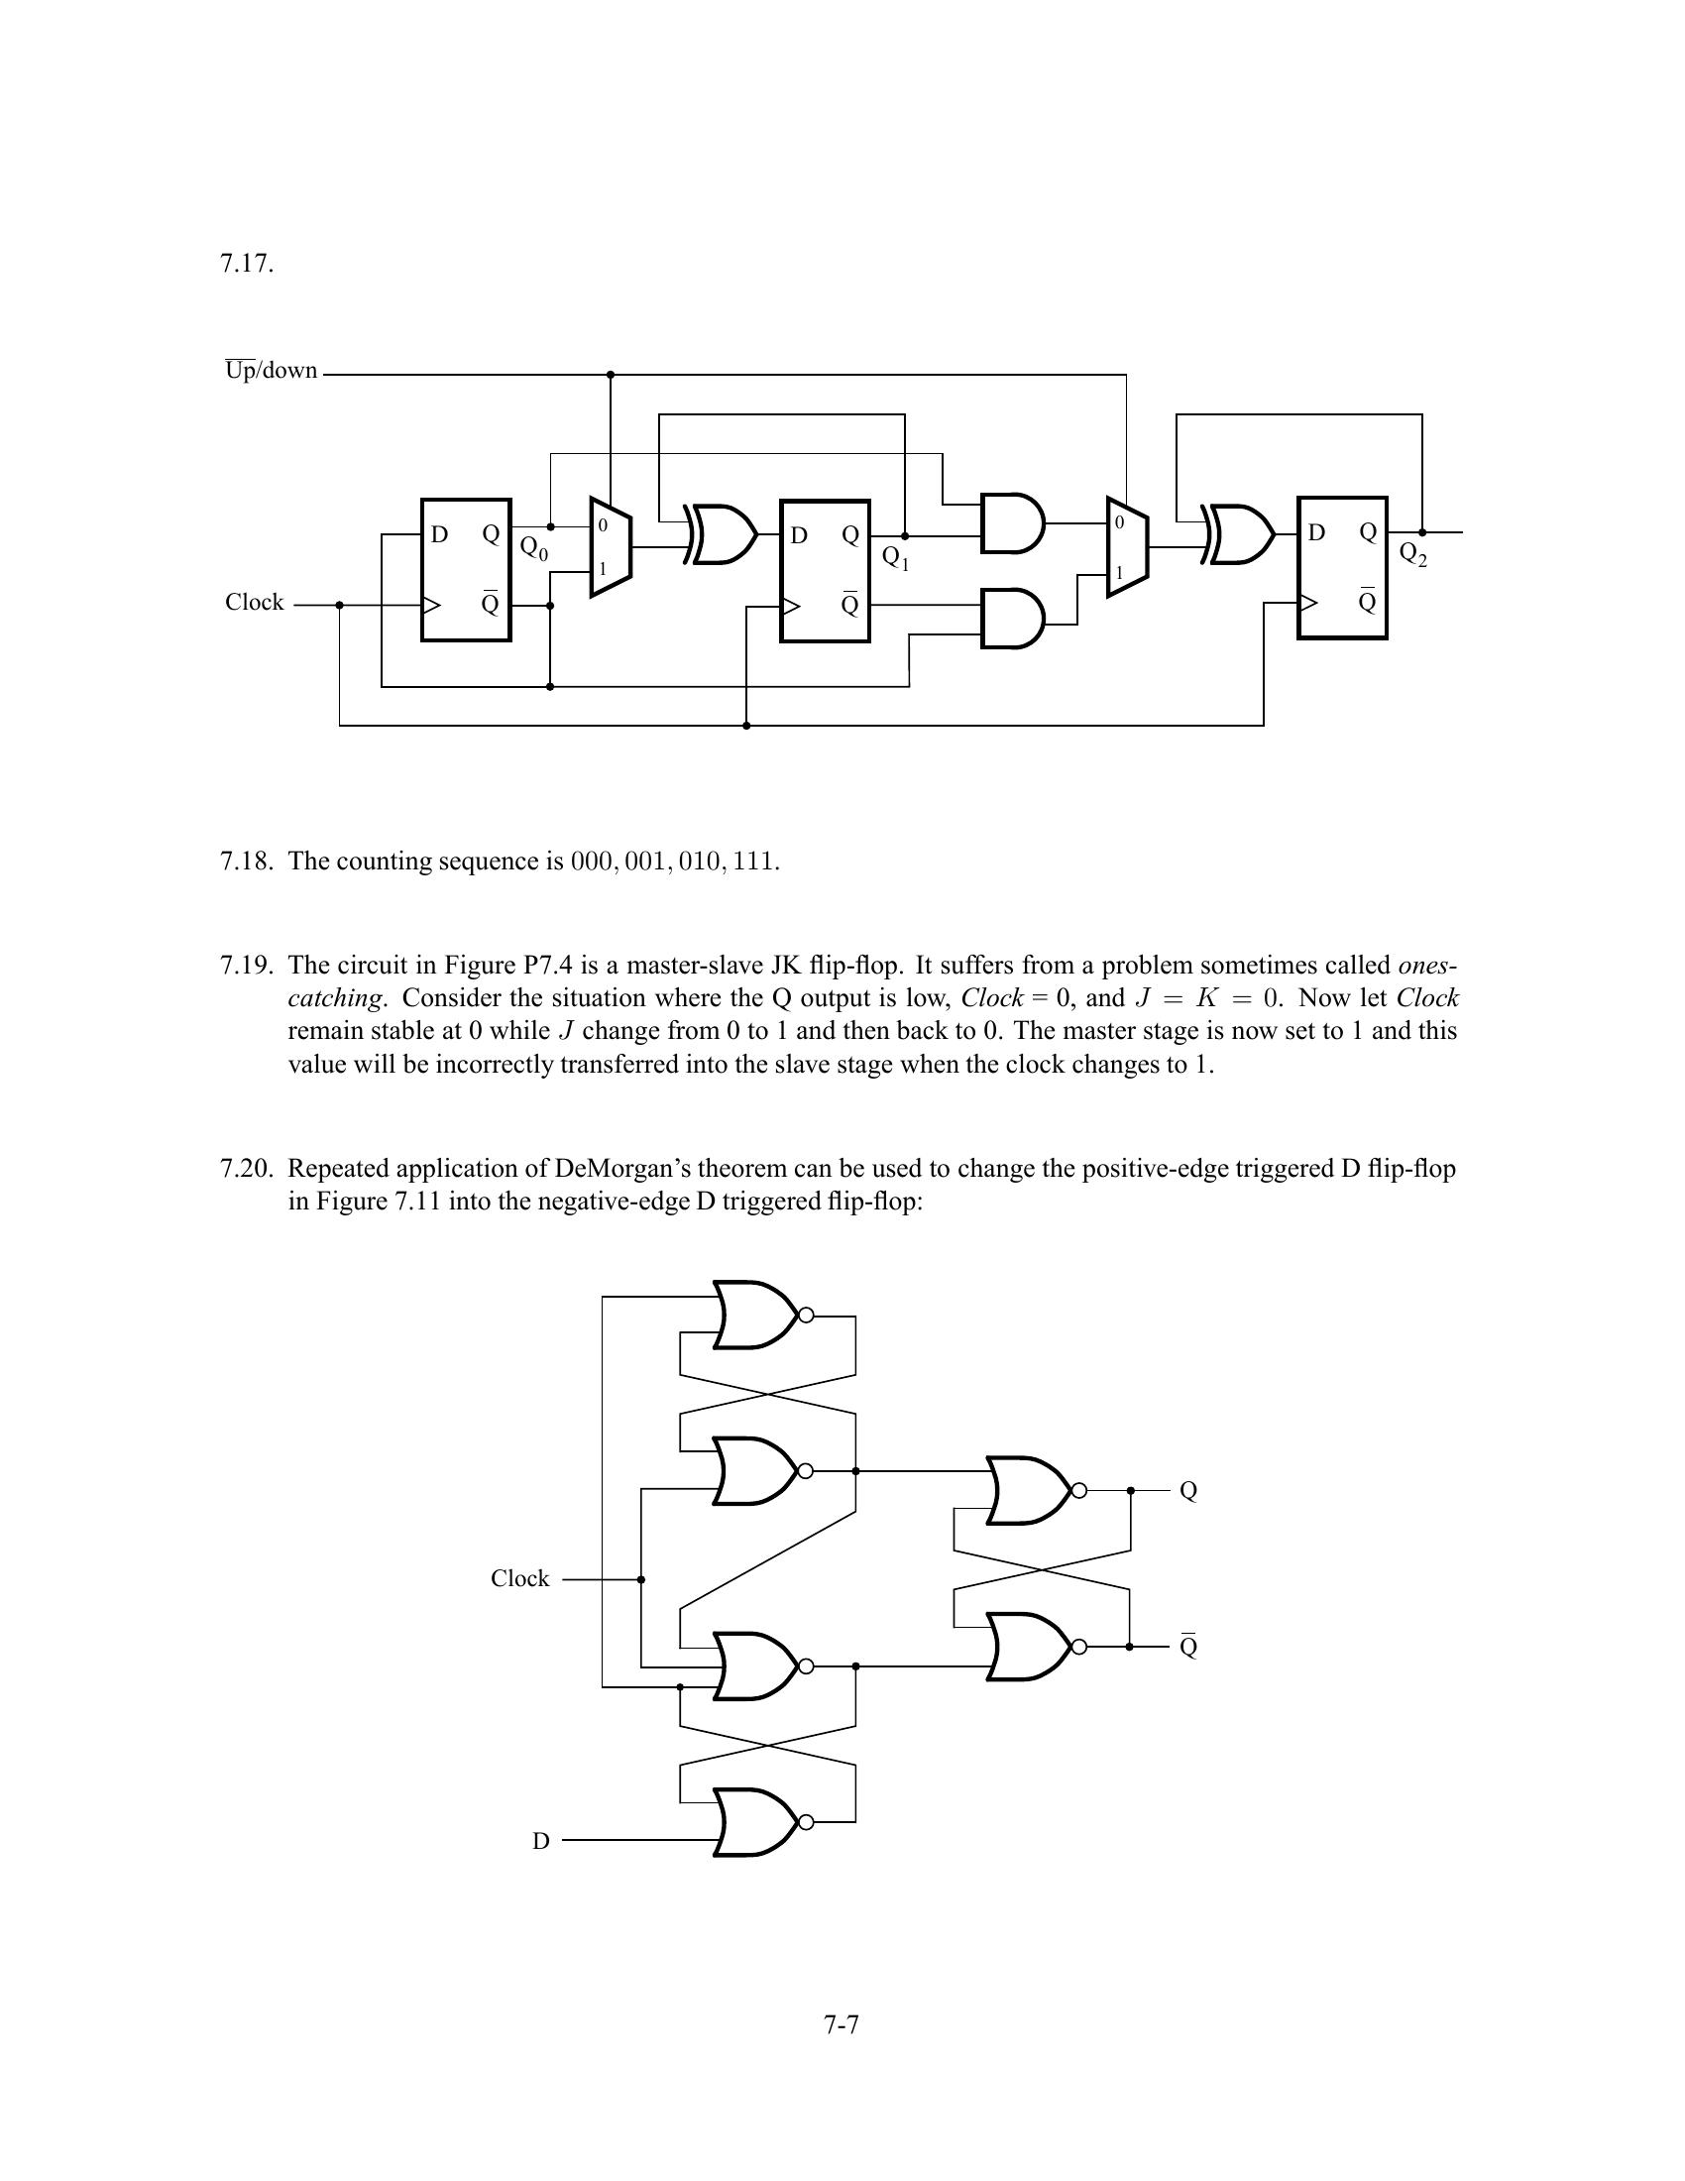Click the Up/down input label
271,371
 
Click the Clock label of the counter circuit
254,602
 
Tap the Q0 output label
534,548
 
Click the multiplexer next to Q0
610,546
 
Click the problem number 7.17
246,264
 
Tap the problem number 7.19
246,966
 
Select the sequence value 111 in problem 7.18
753,861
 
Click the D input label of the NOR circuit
541,1841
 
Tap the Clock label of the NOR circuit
519,1579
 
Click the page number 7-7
842,2024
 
